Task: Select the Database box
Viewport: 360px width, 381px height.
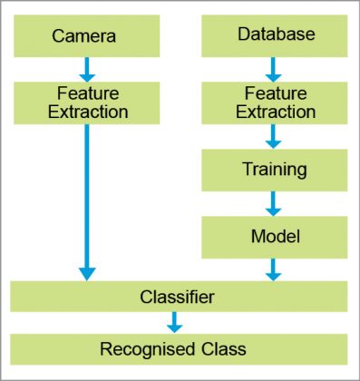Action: coord(275,35)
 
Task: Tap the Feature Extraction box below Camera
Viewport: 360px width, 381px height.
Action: coord(87,103)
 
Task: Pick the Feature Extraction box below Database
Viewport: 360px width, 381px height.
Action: coord(275,103)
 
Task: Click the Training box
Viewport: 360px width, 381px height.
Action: coord(275,170)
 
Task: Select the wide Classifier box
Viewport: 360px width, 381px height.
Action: coord(179,296)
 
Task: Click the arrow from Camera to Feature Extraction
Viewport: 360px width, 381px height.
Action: coord(87,68)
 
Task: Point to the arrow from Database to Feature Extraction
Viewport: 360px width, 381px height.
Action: coord(275,68)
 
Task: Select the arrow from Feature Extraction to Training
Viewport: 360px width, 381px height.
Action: coord(275,136)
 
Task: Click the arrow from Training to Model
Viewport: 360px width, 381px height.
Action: coord(275,202)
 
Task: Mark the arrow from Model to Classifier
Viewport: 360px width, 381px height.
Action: coord(275,268)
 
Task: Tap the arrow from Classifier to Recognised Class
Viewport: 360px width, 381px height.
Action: coord(174,321)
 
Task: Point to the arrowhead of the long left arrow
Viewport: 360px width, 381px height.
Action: coord(87,271)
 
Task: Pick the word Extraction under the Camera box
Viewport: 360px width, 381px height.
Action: coord(87,112)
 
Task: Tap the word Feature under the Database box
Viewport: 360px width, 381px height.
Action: coord(275,93)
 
